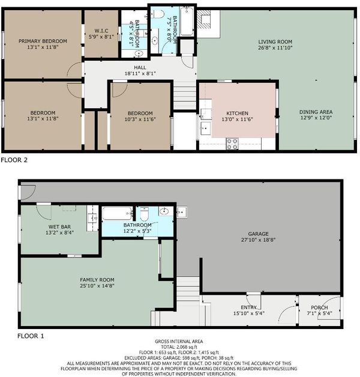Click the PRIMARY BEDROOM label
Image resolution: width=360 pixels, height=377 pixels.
point(43,41)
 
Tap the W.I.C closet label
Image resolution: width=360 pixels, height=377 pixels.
point(101,31)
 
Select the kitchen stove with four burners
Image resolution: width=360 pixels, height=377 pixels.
point(232,144)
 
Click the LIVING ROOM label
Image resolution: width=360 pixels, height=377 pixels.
point(275,42)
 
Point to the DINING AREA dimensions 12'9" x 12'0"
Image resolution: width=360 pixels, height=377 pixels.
point(316,118)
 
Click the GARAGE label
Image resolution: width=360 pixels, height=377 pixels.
point(259,234)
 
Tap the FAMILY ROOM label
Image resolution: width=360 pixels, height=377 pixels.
point(97,280)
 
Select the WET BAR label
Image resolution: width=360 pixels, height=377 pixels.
point(59,227)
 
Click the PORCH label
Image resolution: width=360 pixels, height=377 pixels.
point(319,307)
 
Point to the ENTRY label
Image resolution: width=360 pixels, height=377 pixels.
point(249,307)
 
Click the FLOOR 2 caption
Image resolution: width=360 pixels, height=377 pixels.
point(14,160)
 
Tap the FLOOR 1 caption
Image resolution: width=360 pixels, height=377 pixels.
point(31,336)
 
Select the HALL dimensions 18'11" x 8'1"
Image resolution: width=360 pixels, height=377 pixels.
point(140,74)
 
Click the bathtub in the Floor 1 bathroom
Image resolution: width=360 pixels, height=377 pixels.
point(117,214)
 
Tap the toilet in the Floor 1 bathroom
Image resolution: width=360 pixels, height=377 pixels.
point(145,214)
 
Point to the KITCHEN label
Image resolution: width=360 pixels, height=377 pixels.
point(237,113)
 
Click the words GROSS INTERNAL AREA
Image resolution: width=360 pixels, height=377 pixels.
point(179,342)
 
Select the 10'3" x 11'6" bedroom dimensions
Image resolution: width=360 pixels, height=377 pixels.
point(140,119)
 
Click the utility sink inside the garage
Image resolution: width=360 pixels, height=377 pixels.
point(182,213)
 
